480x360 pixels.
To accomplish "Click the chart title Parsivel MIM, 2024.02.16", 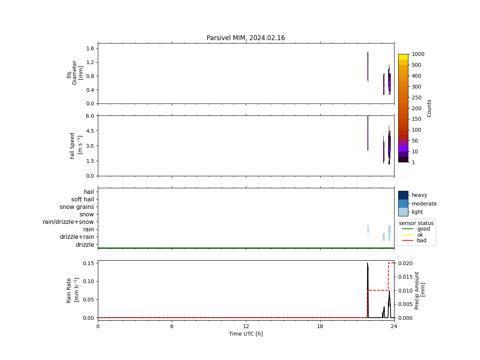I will [246, 38].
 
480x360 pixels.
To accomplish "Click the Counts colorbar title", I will [429, 108].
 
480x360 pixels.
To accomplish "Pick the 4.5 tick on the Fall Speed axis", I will [90, 131].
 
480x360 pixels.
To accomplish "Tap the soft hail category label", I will [82, 199].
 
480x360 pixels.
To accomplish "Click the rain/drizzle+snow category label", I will [68, 222].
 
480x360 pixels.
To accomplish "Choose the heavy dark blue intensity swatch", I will [403, 195].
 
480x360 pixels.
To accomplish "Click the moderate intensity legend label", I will [424, 204].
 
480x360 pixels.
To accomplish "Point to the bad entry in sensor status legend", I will [421, 241].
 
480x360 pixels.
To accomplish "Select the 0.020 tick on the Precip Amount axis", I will [405, 263].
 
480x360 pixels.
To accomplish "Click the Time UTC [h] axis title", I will [246, 334].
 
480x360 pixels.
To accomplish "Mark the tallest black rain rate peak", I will [367, 263].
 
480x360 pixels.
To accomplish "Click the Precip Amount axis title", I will [420, 290].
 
